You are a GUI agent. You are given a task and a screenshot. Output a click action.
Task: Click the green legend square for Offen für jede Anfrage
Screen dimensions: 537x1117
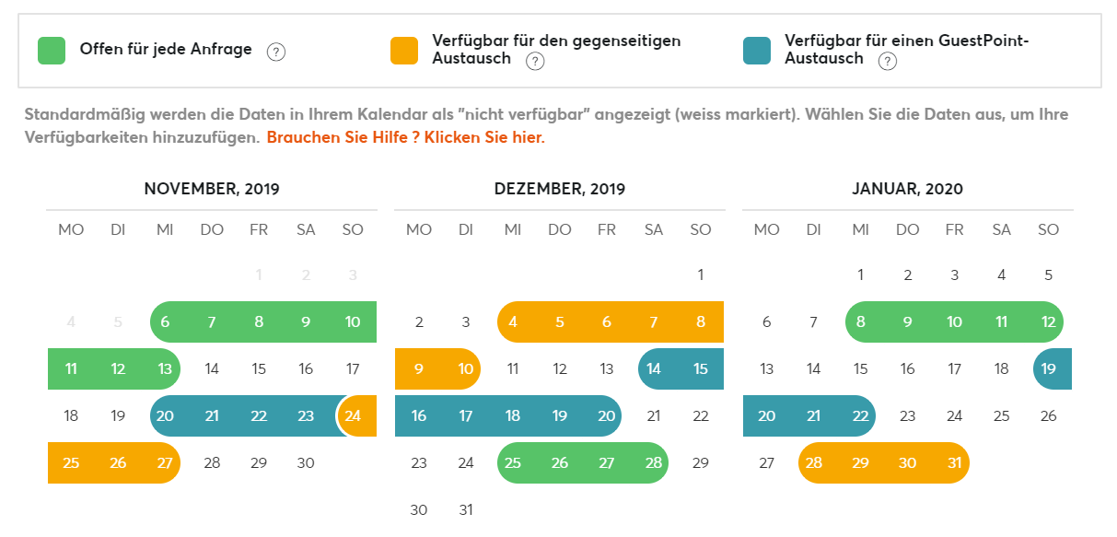point(51,51)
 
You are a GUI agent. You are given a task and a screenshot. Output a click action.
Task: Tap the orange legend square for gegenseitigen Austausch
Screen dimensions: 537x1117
point(404,51)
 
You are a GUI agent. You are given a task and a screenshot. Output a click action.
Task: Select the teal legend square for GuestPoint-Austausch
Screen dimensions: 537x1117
point(757,51)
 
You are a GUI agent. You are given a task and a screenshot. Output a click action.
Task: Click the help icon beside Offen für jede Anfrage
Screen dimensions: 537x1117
point(275,52)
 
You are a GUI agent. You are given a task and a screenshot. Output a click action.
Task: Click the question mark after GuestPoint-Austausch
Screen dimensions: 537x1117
point(887,62)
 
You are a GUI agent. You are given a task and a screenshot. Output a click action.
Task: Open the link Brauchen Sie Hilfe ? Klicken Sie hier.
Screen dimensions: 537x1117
point(406,137)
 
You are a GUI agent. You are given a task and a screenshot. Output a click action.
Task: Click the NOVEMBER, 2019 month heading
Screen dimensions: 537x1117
point(212,189)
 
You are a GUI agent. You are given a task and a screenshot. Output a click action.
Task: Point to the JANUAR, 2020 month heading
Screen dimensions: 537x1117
point(907,189)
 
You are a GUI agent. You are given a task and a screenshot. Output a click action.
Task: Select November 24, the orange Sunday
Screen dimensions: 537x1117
point(354,415)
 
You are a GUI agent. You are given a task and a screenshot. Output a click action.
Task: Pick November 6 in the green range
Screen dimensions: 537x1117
point(165,321)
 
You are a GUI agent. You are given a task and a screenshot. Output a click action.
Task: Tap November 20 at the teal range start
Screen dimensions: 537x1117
point(165,415)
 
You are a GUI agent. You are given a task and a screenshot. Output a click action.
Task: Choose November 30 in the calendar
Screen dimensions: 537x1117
point(306,462)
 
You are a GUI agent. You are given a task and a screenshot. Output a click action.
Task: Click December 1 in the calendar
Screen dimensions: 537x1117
point(701,274)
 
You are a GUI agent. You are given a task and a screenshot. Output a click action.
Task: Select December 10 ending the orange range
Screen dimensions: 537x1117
point(466,368)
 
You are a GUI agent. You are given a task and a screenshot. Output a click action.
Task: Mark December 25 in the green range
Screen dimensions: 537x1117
point(513,462)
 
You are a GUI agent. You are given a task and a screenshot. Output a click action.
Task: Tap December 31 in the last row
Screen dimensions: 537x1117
point(466,509)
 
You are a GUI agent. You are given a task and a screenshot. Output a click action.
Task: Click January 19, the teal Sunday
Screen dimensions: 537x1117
point(1049,368)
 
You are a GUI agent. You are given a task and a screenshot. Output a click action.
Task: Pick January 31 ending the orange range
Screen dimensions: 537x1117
point(955,462)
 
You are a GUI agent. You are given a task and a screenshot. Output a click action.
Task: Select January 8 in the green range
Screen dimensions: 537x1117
point(860,321)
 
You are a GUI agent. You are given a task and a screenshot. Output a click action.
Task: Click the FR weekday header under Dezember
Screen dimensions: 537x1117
point(607,229)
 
